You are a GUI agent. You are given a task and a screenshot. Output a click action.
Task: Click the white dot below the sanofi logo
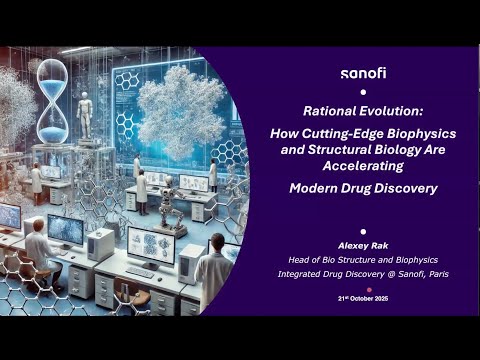(362, 92)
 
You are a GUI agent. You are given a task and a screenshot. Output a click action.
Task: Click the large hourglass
(53, 95)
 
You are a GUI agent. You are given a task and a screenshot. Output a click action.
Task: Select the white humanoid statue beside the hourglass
(86, 115)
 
